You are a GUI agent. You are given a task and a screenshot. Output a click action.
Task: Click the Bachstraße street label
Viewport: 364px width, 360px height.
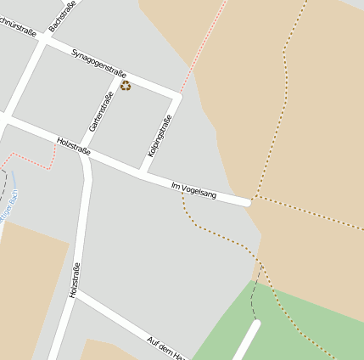(x=63, y=16)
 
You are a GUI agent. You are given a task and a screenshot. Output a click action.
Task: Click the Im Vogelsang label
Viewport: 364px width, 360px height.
(x=193, y=190)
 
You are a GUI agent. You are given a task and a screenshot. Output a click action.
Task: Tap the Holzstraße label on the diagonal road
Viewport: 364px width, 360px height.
(x=73, y=145)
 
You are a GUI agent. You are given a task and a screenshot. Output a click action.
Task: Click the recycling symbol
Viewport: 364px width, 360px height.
(x=126, y=85)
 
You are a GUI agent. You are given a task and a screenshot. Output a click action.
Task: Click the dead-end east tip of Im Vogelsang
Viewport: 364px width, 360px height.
(x=248, y=202)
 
